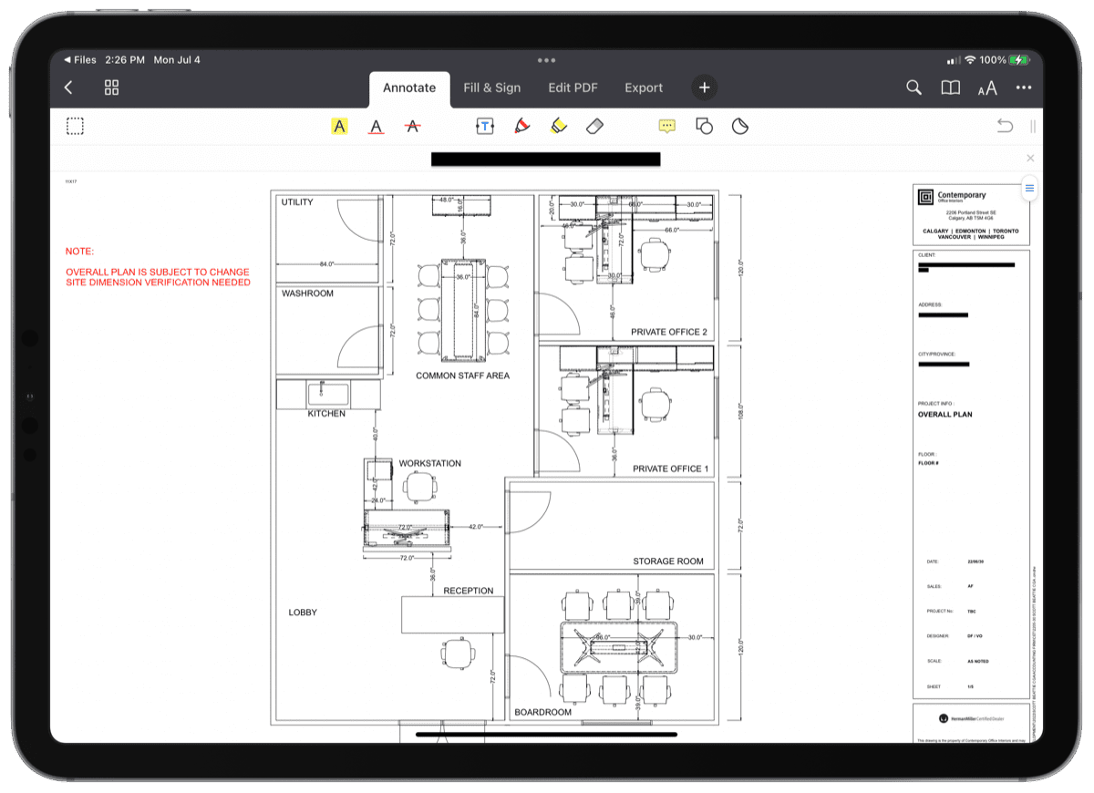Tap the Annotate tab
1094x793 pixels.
pos(409,88)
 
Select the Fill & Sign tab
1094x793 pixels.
pos(491,88)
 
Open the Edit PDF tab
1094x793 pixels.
pos(573,88)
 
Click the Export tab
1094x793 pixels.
pos(644,88)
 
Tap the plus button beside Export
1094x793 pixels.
pos(704,88)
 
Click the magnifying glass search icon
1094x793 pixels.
pos(913,88)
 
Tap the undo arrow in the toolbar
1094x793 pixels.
pos(1005,126)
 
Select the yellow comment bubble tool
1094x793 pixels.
pos(667,126)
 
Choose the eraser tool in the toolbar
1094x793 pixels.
pos(594,126)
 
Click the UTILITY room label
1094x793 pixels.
pos(297,202)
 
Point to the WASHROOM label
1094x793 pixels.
pos(307,294)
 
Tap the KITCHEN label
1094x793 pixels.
pos(326,414)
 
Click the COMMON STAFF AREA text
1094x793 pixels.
pos(462,376)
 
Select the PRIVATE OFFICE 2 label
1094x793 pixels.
pos(668,333)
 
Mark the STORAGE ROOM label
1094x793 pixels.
pos(668,561)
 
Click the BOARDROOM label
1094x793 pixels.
pos(542,713)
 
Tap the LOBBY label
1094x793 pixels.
pos(303,613)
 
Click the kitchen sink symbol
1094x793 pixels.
pos(327,394)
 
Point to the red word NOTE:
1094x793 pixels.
pos(79,251)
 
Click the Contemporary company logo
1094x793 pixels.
pos(924,197)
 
